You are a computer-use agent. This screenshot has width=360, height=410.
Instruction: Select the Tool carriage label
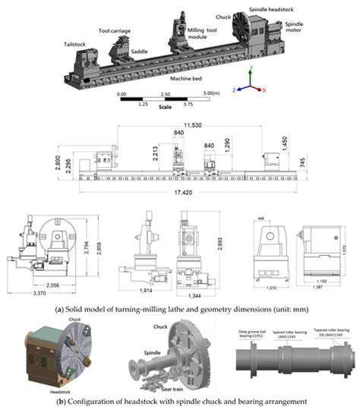[x=111, y=33]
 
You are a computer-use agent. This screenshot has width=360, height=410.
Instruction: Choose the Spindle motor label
[x=294, y=28]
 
